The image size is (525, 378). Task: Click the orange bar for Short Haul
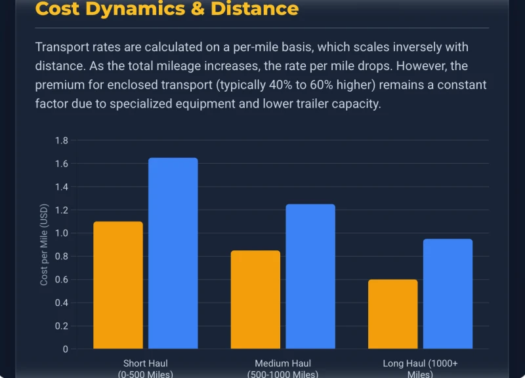pyautogui.click(x=118, y=285)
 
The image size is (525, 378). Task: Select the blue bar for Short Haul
pyautogui.click(x=173, y=254)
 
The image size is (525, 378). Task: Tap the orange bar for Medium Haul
pyautogui.click(x=255, y=299)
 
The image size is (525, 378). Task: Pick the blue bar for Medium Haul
pyautogui.click(x=310, y=276)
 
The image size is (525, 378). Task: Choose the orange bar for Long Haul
pyautogui.click(x=392, y=314)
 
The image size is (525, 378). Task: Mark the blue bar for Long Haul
pyautogui.click(x=448, y=293)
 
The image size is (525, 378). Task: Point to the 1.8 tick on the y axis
pyautogui.click(x=62, y=140)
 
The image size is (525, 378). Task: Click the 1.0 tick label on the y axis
pyautogui.click(x=62, y=233)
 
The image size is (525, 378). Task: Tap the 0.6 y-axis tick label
pyautogui.click(x=62, y=280)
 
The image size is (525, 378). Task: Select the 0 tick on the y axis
pyautogui.click(x=65, y=349)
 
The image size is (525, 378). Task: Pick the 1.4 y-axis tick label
pyautogui.click(x=62, y=187)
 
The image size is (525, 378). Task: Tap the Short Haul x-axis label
pyautogui.click(x=146, y=364)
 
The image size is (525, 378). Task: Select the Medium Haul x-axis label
pyautogui.click(x=283, y=364)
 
